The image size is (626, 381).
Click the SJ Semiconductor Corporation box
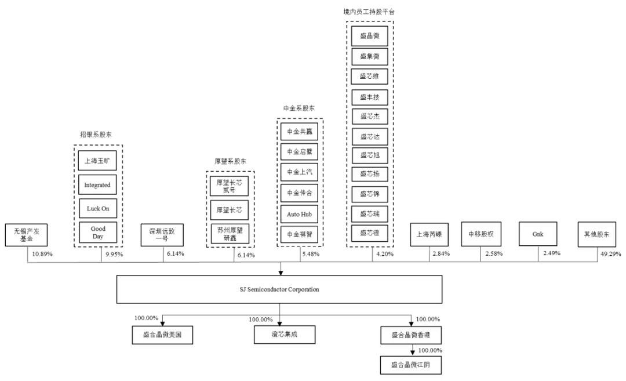[x=280, y=289]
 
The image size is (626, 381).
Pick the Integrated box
[x=97, y=185]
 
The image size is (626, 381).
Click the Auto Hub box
[x=299, y=213]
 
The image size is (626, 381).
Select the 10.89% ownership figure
[x=43, y=254]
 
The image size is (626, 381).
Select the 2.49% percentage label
[x=551, y=254]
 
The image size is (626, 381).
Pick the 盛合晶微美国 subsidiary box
[x=161, y=335]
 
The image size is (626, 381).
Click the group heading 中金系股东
[x=299, y=108]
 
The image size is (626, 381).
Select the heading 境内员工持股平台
[x=369, y=12]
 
